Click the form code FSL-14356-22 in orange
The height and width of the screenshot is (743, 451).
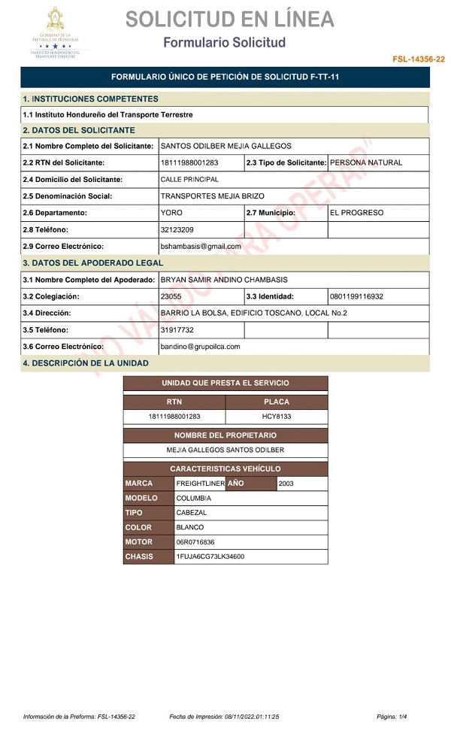coord(418,59)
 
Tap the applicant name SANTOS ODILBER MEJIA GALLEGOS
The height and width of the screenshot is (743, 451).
coord(226,146)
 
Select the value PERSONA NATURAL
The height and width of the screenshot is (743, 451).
coord(366,162)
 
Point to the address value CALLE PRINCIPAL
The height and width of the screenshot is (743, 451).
coord(189,180)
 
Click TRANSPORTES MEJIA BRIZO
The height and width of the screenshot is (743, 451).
coord(212,196)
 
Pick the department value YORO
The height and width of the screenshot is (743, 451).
coord(171,213)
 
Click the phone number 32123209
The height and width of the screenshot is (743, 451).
coord(177,229)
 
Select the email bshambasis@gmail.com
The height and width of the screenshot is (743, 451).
coord(201,246)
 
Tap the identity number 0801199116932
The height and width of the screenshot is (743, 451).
coord(356,296)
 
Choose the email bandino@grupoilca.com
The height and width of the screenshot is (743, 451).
coord(200,346)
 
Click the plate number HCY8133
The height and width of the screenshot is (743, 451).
coord(276,416)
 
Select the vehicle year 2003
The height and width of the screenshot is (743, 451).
coord(286,484)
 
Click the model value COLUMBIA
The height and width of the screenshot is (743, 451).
coord(193,498)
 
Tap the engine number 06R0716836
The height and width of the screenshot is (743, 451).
coord(195,542)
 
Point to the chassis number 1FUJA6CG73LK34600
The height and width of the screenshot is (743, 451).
coord(210,557)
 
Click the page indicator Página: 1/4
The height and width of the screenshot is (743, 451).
coord(392,717)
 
